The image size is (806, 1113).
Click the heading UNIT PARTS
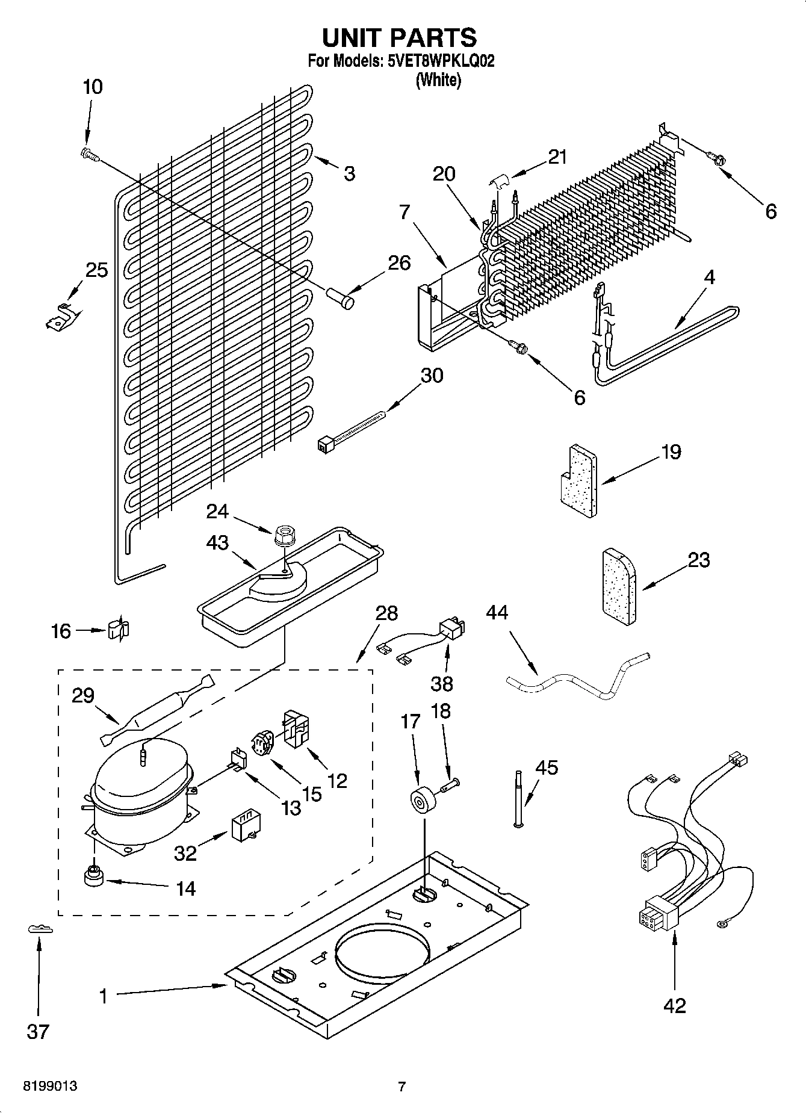(400, 38)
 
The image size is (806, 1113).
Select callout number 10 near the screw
(92, 87)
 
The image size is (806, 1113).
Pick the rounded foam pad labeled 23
(619, 587)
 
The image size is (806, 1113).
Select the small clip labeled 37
(40, 929)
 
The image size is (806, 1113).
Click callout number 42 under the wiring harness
(674, 1006)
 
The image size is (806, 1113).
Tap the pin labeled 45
(517, 798)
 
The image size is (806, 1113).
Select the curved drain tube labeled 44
(578, 680)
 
